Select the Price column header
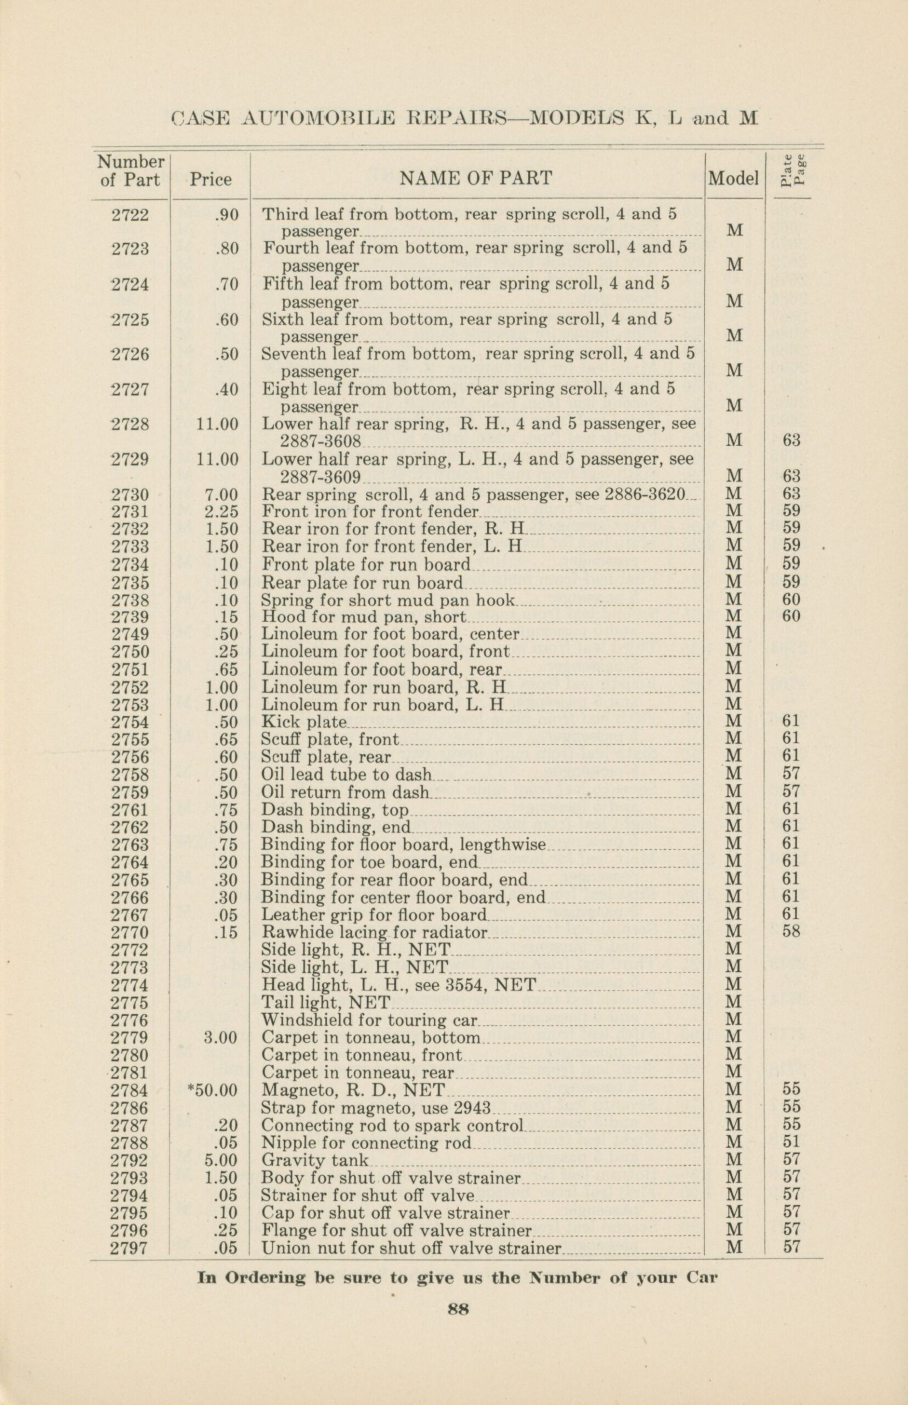click(x=211, y=179)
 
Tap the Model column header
click(x=733, y=178)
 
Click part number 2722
click(x=131, y=215)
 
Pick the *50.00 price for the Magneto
click(x=212, y=1090)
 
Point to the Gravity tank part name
click(x=314, y=1160)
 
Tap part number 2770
click(x=131, y=932)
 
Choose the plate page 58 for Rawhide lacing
click(x=791, y=932)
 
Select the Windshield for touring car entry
click(x=370, y=1020)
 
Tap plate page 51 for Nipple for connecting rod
click(x=791, y=1143)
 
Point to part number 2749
click(x=131, y=634)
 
